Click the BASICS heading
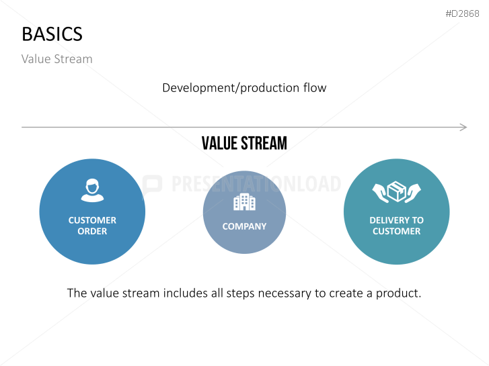(52, 34)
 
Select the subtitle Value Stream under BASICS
(57, 59)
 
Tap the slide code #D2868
(462, 13)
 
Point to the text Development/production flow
(244, 88)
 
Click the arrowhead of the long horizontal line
(463, 127)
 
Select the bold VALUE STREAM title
(244, 143)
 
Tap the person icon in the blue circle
(92, 190)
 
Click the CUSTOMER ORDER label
(92, 226)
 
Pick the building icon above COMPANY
(245, 202)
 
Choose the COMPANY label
(245, 226)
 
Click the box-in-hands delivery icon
(396, 192)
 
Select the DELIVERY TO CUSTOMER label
(396, 226)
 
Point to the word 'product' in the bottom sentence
(399, 293)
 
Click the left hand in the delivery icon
(381, 193)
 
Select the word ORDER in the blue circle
(92, 232)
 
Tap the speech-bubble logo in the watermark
(152, 185)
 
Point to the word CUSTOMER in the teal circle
(396, 232)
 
